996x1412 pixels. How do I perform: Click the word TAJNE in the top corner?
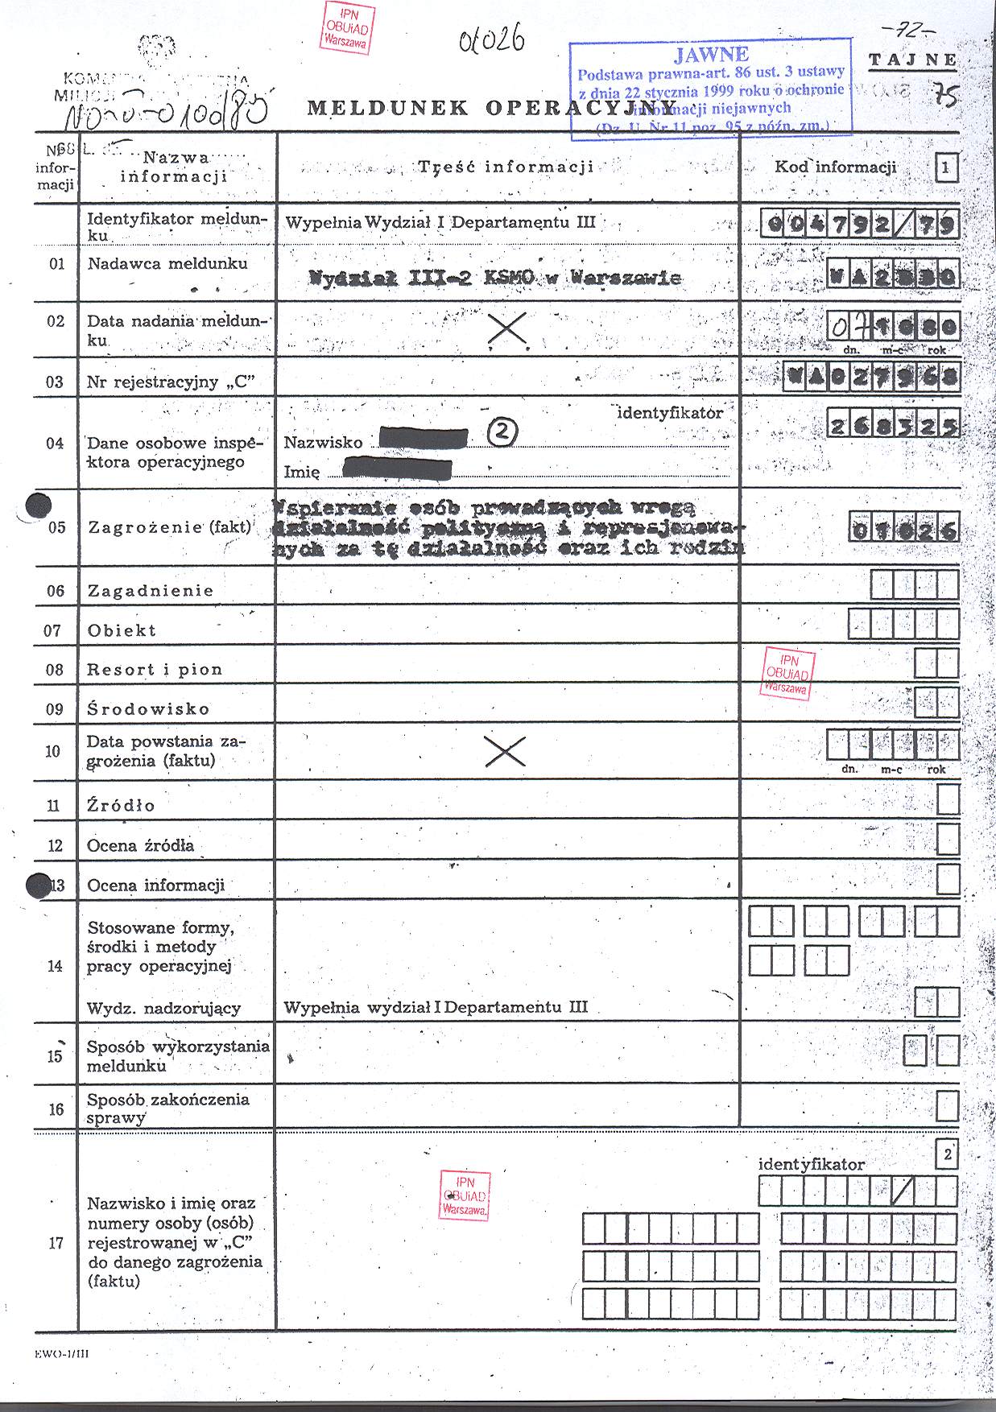(912, 60)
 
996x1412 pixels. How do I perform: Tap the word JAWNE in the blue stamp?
(712, 55)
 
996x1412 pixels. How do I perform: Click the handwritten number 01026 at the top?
(491, 39)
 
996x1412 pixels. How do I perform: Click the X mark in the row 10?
(506, 751)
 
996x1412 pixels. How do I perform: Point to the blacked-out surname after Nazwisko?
(423, 438)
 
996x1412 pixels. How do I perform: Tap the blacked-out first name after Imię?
(397, 469)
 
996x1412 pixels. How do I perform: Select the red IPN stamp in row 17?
(465, 1195)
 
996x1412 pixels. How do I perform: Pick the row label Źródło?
(121, 805)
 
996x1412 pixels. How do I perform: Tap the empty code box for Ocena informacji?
(948, 879)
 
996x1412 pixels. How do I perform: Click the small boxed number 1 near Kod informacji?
(946, 168)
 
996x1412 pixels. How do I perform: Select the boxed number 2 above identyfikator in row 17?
(947, 1155)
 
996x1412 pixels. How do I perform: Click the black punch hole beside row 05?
(39, 506)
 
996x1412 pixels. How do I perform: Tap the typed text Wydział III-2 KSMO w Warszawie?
(495, 279)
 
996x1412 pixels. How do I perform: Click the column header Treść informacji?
(506, 167)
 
